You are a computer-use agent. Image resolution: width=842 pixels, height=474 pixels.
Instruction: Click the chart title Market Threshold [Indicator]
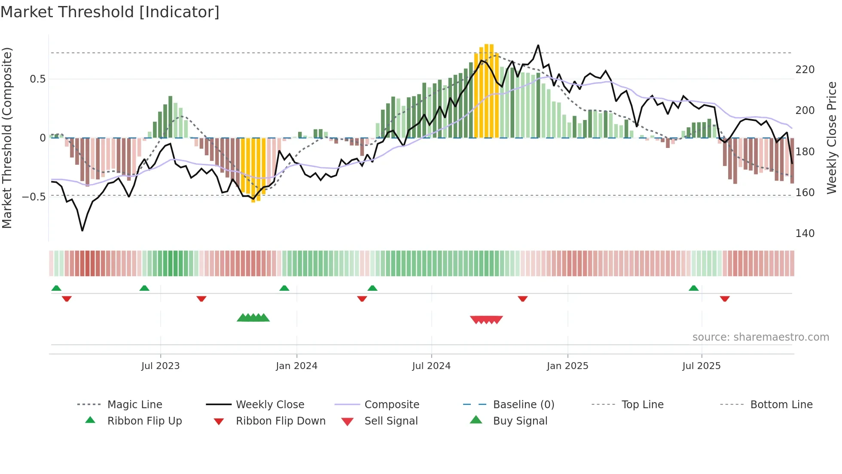110,12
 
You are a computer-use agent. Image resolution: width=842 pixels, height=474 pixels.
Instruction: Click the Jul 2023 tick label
160,366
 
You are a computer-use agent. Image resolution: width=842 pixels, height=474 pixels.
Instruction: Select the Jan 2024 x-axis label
296,366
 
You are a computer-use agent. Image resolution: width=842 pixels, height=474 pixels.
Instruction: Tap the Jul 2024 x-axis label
431,366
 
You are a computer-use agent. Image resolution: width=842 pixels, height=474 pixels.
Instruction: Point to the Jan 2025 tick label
567,366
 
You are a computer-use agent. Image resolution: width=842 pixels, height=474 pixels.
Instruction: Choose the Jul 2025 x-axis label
701,366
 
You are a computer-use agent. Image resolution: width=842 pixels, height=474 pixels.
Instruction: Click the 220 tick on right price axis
805,70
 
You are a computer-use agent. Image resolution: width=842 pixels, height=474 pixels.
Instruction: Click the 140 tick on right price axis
805,234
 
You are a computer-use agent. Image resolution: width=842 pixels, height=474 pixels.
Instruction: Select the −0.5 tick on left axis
34,197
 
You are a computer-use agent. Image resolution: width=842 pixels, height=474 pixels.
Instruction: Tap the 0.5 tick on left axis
37,79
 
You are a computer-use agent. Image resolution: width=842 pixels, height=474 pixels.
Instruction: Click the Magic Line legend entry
134,405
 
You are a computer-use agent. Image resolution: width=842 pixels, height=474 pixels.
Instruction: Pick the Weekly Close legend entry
270,405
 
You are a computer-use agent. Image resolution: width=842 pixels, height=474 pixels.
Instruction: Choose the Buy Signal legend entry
520,421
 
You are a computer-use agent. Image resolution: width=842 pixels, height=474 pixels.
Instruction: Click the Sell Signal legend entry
390,421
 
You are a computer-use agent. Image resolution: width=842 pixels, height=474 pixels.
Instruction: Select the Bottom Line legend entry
781,405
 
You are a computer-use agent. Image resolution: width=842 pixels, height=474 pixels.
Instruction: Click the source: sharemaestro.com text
760,337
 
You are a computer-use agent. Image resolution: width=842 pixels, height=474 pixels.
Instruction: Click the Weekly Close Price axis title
832,138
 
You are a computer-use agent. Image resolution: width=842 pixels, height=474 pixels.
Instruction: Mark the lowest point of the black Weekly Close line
82,231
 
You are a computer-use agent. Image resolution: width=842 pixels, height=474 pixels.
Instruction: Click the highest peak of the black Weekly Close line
538,45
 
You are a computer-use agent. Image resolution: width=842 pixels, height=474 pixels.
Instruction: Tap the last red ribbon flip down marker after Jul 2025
725,299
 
